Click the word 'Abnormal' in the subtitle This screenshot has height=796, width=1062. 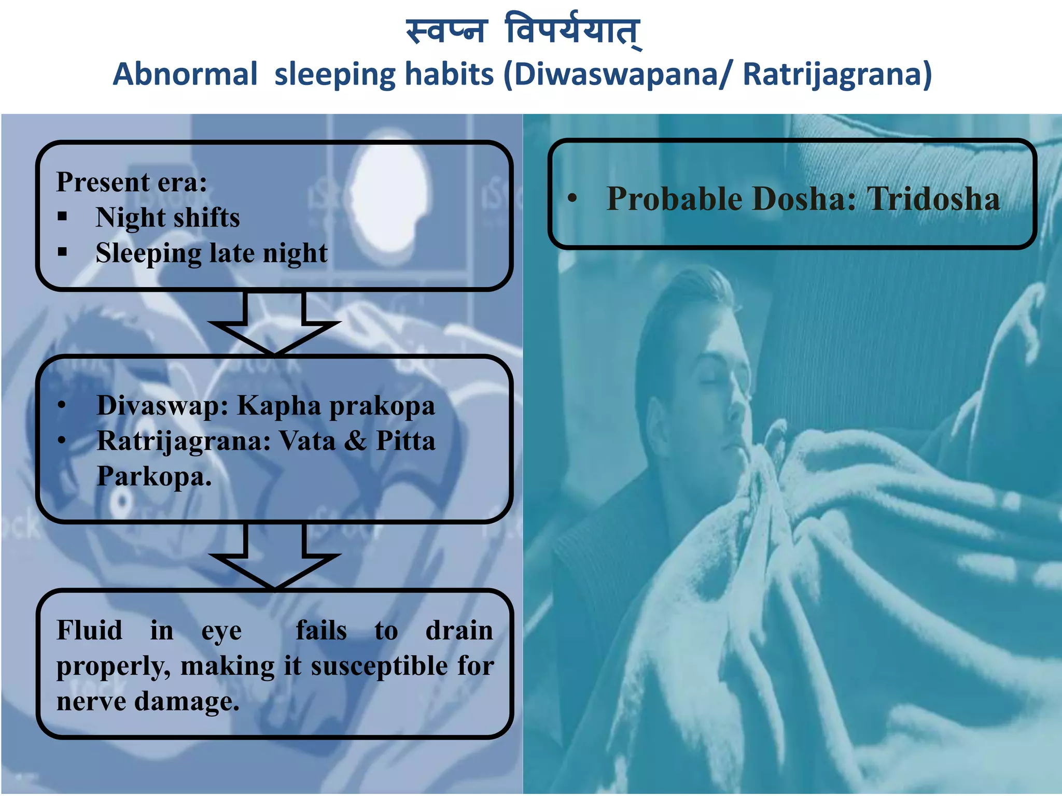(185, 74)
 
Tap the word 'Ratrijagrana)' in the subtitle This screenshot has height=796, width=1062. (837, 74)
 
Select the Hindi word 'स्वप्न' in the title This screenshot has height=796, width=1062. (446, 31)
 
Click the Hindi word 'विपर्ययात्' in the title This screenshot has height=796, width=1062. (573, 31)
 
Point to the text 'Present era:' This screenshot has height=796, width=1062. (132, 182)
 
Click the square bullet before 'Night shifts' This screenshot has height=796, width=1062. (63, 217)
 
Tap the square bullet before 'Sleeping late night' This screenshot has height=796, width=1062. (63, 252)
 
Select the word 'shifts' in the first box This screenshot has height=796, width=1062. (206, 218)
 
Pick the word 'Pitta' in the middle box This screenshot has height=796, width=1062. (406, 441)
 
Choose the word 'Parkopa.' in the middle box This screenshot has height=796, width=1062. (154, 476)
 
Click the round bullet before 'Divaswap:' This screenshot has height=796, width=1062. (62, 405)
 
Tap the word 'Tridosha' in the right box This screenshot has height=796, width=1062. (933, 199)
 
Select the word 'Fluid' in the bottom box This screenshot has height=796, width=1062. (89, 631)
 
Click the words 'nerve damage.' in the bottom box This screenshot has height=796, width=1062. (148, 702)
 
